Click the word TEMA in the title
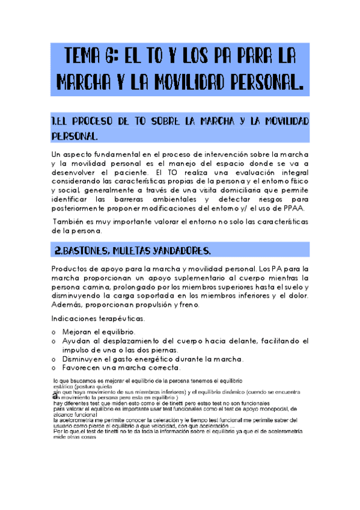(x=85, y=57)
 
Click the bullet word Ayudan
(x=79, y=341)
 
